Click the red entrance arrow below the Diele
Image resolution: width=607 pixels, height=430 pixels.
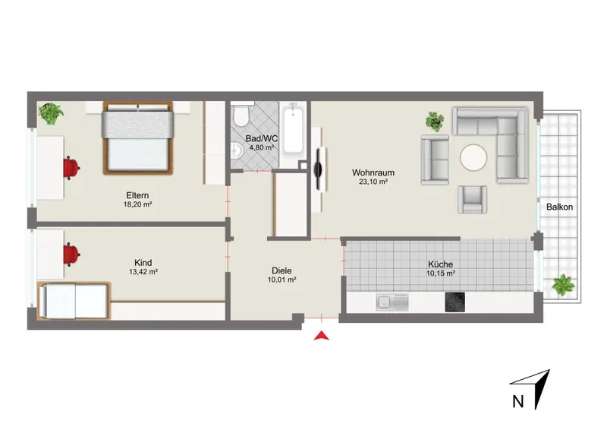(321, 336)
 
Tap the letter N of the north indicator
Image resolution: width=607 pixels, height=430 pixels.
(517, 401)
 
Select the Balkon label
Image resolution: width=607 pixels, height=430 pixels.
(559, 207)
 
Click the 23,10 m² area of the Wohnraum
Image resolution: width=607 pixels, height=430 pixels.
(373, 182)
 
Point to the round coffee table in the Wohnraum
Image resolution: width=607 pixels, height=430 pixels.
(473, 157)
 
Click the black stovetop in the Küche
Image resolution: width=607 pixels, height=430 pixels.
(454, 302)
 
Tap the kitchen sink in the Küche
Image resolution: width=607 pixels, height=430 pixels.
(392, 302)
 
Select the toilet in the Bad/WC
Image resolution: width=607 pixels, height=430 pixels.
(241, 115)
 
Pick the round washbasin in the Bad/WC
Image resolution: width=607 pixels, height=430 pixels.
(236, 150)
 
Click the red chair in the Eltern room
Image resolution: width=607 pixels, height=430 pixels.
(71, 168)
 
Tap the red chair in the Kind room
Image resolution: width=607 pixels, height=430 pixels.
(71, 254)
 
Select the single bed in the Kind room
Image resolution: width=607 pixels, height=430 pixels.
(74, 301)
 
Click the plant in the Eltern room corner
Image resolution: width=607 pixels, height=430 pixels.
(51, 113)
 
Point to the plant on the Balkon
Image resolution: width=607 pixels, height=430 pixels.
(563, 286)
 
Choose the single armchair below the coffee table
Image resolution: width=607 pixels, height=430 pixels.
(472, 199)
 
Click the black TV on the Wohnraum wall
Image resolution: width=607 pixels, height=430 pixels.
(318, 169)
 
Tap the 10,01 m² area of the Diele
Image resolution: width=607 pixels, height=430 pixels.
(281, 280)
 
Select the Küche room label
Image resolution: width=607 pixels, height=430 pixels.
(441, 264)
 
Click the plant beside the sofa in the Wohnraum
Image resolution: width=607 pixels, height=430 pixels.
(435, 122)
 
